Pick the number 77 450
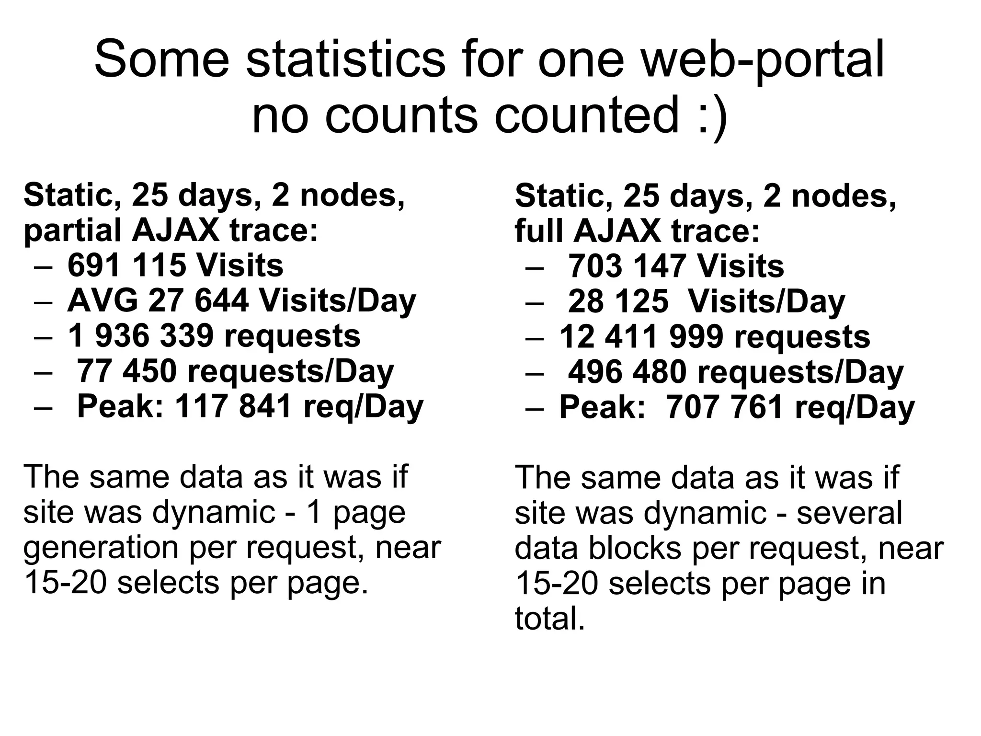coord(126,371)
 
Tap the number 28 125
coord(618,301)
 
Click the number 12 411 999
coord(641,336)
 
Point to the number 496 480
coord(627,372)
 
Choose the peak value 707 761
coord(725,407)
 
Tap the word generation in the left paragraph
coord(101,548)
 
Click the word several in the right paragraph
coord(849,513)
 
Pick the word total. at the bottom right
coord(550,618)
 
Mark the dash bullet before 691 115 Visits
coord(43,266)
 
